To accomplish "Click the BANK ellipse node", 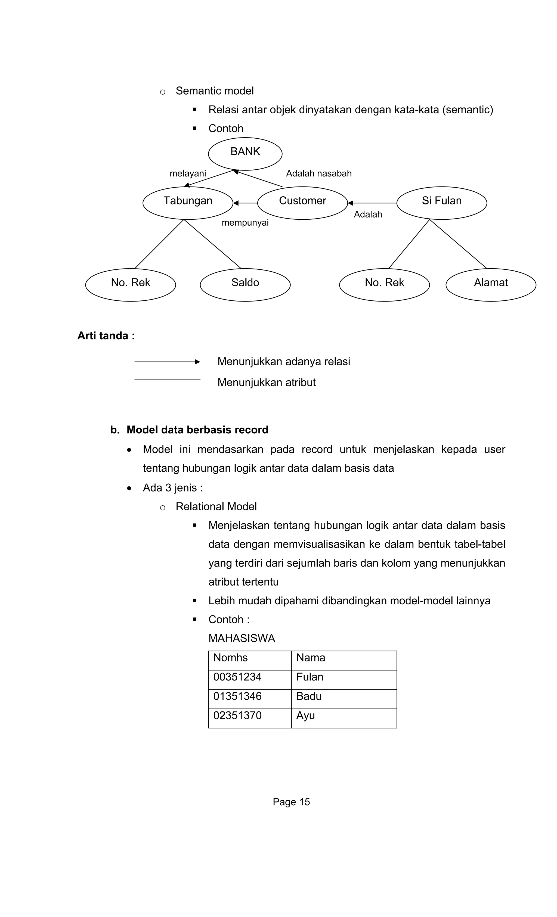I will click(245, 153).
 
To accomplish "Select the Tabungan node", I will click(188, 203).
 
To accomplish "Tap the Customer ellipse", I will click(302, 203).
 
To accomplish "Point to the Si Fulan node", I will click(442, 203).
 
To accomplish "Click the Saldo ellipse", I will click(245, 285).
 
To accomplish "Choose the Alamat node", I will click(491, 285).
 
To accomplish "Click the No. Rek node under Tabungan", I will click(130, 285).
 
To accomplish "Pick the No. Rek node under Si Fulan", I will click(384, 285).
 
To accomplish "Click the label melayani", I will click(188, 173).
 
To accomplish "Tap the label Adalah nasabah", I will click(319, 173).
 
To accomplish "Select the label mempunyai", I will click(245, 223).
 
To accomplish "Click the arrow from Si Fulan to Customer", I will click(372, 203).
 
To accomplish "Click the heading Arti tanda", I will click(106, 336).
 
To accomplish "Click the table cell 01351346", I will click(237, 696).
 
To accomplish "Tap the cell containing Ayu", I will click(306, 716).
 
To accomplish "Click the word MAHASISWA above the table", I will click(242, 638).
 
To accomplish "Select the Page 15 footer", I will click(291, 802).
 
